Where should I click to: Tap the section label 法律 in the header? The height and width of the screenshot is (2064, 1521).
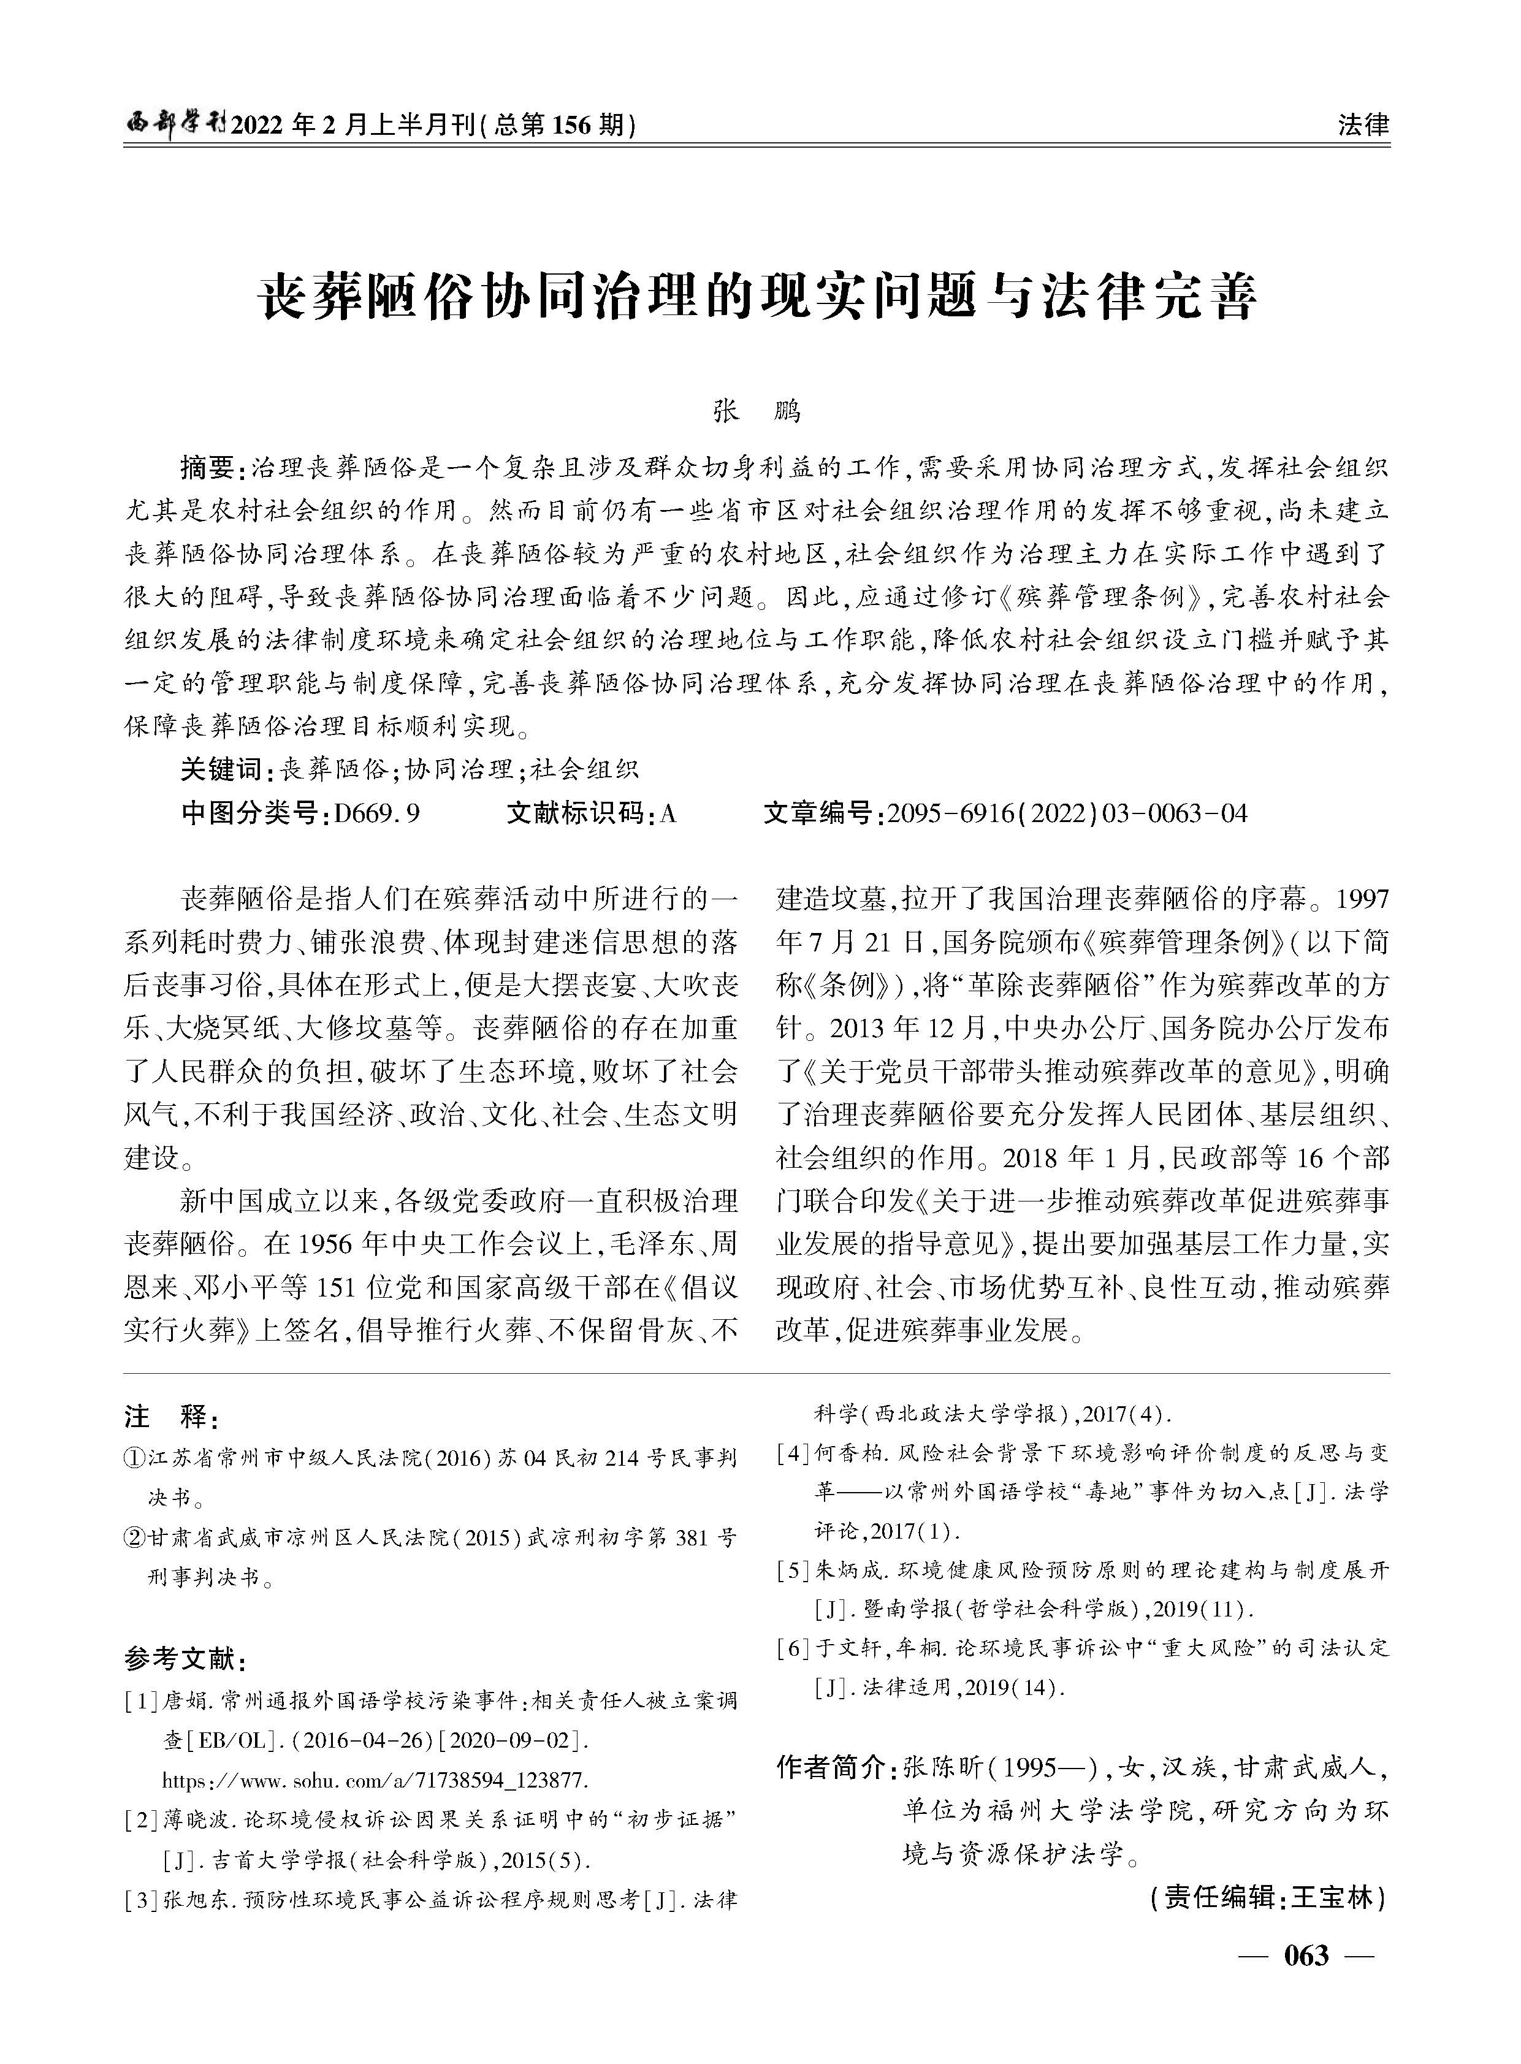tap(1363, 124)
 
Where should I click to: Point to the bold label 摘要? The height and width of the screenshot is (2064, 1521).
tap(207, 468)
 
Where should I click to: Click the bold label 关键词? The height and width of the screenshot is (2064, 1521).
tap(221, 769)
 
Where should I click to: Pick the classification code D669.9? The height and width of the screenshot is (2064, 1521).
tap(378, 814)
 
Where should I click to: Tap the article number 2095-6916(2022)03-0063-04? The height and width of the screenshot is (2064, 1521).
tap(1067, 814)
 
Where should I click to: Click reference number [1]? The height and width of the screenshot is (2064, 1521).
tap(143, 1701)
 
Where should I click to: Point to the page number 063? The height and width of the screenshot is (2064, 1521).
tap(1306, 1955)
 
